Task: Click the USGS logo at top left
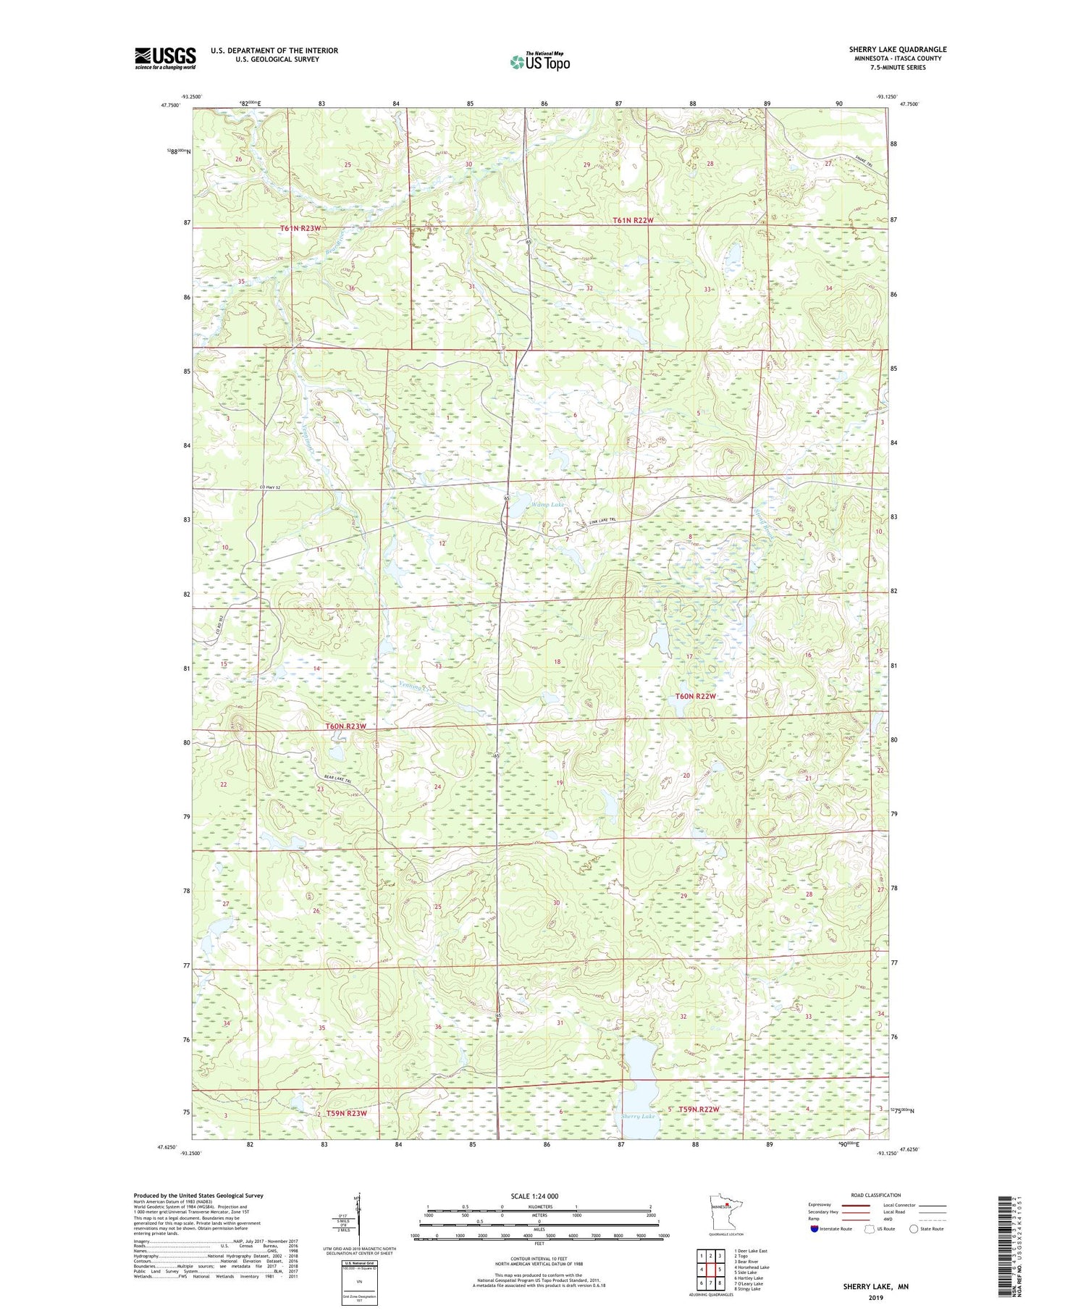(165, 58)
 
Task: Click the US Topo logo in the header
(539, 62)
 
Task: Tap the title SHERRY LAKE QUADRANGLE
(897, 49)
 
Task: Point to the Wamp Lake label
(547, 504)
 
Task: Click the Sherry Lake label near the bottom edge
(638, 1116)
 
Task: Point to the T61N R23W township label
(300, 228)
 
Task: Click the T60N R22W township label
(695, 696)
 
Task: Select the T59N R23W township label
(346, 1112)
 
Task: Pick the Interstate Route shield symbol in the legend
(814, 1229)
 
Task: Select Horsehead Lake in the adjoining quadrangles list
(752, 1267)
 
